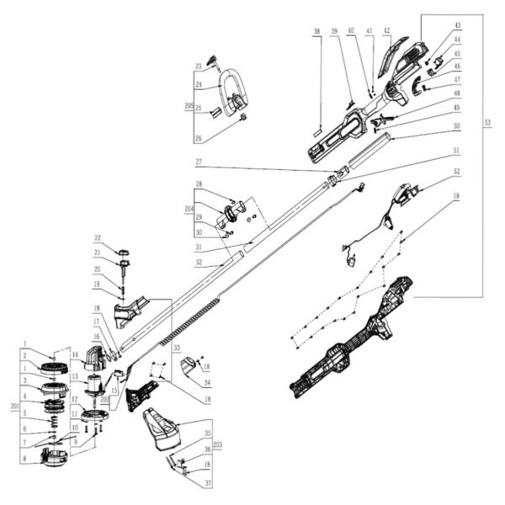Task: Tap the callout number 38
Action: [x=316, y=32]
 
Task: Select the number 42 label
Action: [x=386, y=30]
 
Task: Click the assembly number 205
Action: [x=189, y=106]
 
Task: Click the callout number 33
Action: [x=177, y=347]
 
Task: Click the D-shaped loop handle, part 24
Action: [x=228, y=88]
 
